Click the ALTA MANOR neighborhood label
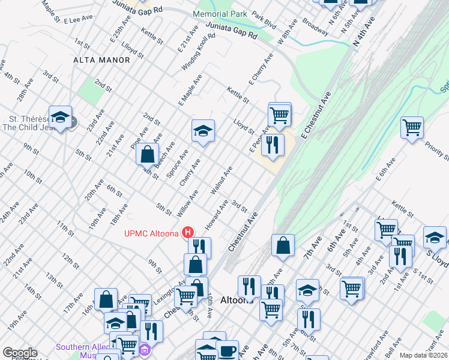click(101, 60)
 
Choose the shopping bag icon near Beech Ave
click(147, 154)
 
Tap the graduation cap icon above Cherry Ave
click(203, 131)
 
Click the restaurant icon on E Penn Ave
click(273, 144)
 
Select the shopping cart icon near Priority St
click(412, 127)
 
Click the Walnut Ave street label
click(221, 182)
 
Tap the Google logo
click(20, 353)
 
